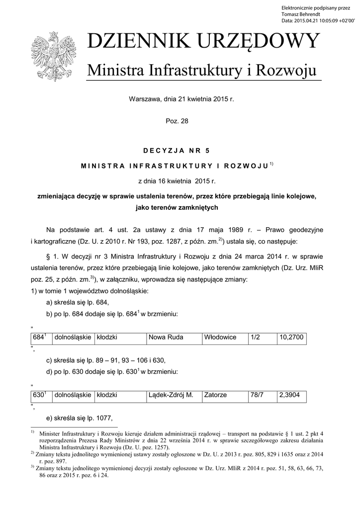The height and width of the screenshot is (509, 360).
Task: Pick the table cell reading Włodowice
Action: click(x=225, y=338)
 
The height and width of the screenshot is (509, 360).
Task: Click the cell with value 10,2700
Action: click(x=291, y=338)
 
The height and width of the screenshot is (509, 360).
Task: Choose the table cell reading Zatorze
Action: click(x=225, y=395)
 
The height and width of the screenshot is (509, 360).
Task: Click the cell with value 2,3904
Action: click(x=291, y=395)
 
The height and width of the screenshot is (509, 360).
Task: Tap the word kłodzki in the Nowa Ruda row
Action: click(x=120, y=338)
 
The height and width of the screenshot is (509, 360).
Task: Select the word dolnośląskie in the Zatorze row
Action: click(x=73, y=395)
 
